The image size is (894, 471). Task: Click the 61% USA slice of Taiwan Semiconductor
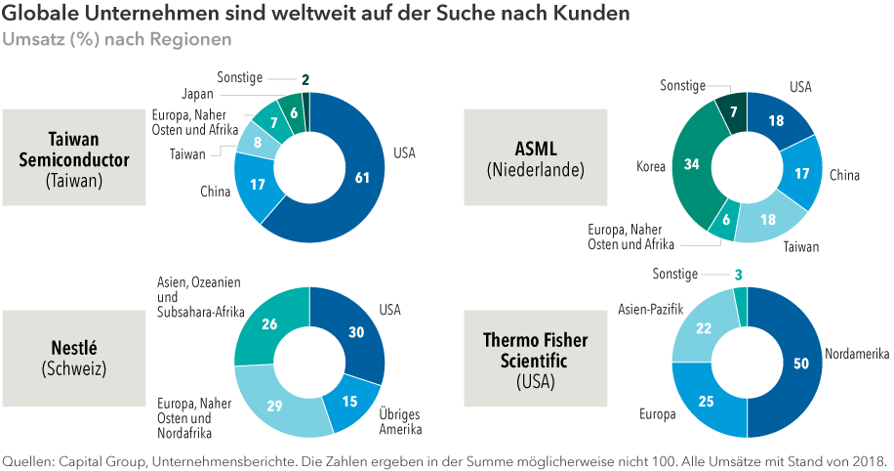click(x=361, y=177)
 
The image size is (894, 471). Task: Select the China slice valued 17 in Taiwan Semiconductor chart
click(x=259, y=184)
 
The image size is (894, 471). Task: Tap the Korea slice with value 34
click(x=692, y=165)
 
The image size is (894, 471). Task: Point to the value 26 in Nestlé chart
click(x=269, y=322)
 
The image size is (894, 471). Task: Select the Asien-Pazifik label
click(x=650, y=310)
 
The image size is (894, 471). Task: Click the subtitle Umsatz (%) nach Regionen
click(x=117, y=39)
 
